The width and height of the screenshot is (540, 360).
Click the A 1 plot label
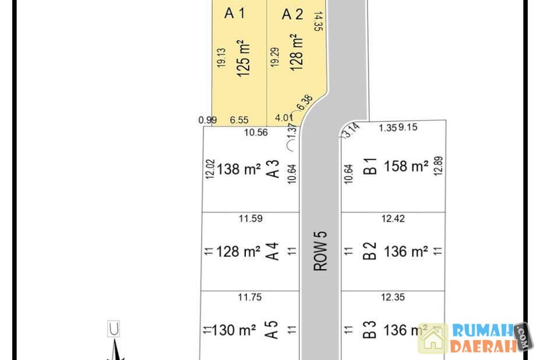pyautogui.click(x=235, y=13)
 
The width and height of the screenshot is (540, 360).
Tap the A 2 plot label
pyautogui.click(x=292, y=15)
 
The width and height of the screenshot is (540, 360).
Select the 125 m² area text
pyautogui.click(x=243, y=58)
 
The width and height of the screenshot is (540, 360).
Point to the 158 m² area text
pyautogui.click(x=406, y=166)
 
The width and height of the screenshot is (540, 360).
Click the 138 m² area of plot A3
pyautogui.click(x=238, y=169)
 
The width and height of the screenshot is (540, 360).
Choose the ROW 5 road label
pyautogui.click(x=320, y=251)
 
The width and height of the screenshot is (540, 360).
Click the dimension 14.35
pyautogui.click(x=318, y=22)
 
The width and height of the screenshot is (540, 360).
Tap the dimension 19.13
pyautogui.click(x=221, y=58)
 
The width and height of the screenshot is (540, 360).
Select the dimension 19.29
pyautogui.click(x=275, y=57)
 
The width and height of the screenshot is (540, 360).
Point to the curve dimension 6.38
pyautogui.click(x=305, y=103)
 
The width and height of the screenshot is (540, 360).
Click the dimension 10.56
pyautogui.click(x=256, y=132)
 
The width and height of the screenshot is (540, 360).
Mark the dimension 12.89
pyautogui.click(x=438, y=166)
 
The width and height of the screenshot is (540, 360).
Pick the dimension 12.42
pyautogui.click(x=393, y=218)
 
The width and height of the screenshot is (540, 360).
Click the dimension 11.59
pyautogui.click(x=250, y=218)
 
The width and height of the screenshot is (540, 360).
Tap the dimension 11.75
pyautogui.click(x=250, y=297)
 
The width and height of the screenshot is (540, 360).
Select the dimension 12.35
pyautogui.click(x=393, y=297)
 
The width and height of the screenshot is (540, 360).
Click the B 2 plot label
pyautogui.click(x=370, y=251)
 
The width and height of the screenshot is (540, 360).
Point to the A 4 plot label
pyautogui.click(x=273, y=251)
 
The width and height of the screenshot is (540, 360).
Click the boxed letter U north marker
pyautogui.click(x=114, y=329)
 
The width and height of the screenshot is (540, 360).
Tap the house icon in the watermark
pyautogui.click(x=433, y=338)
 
